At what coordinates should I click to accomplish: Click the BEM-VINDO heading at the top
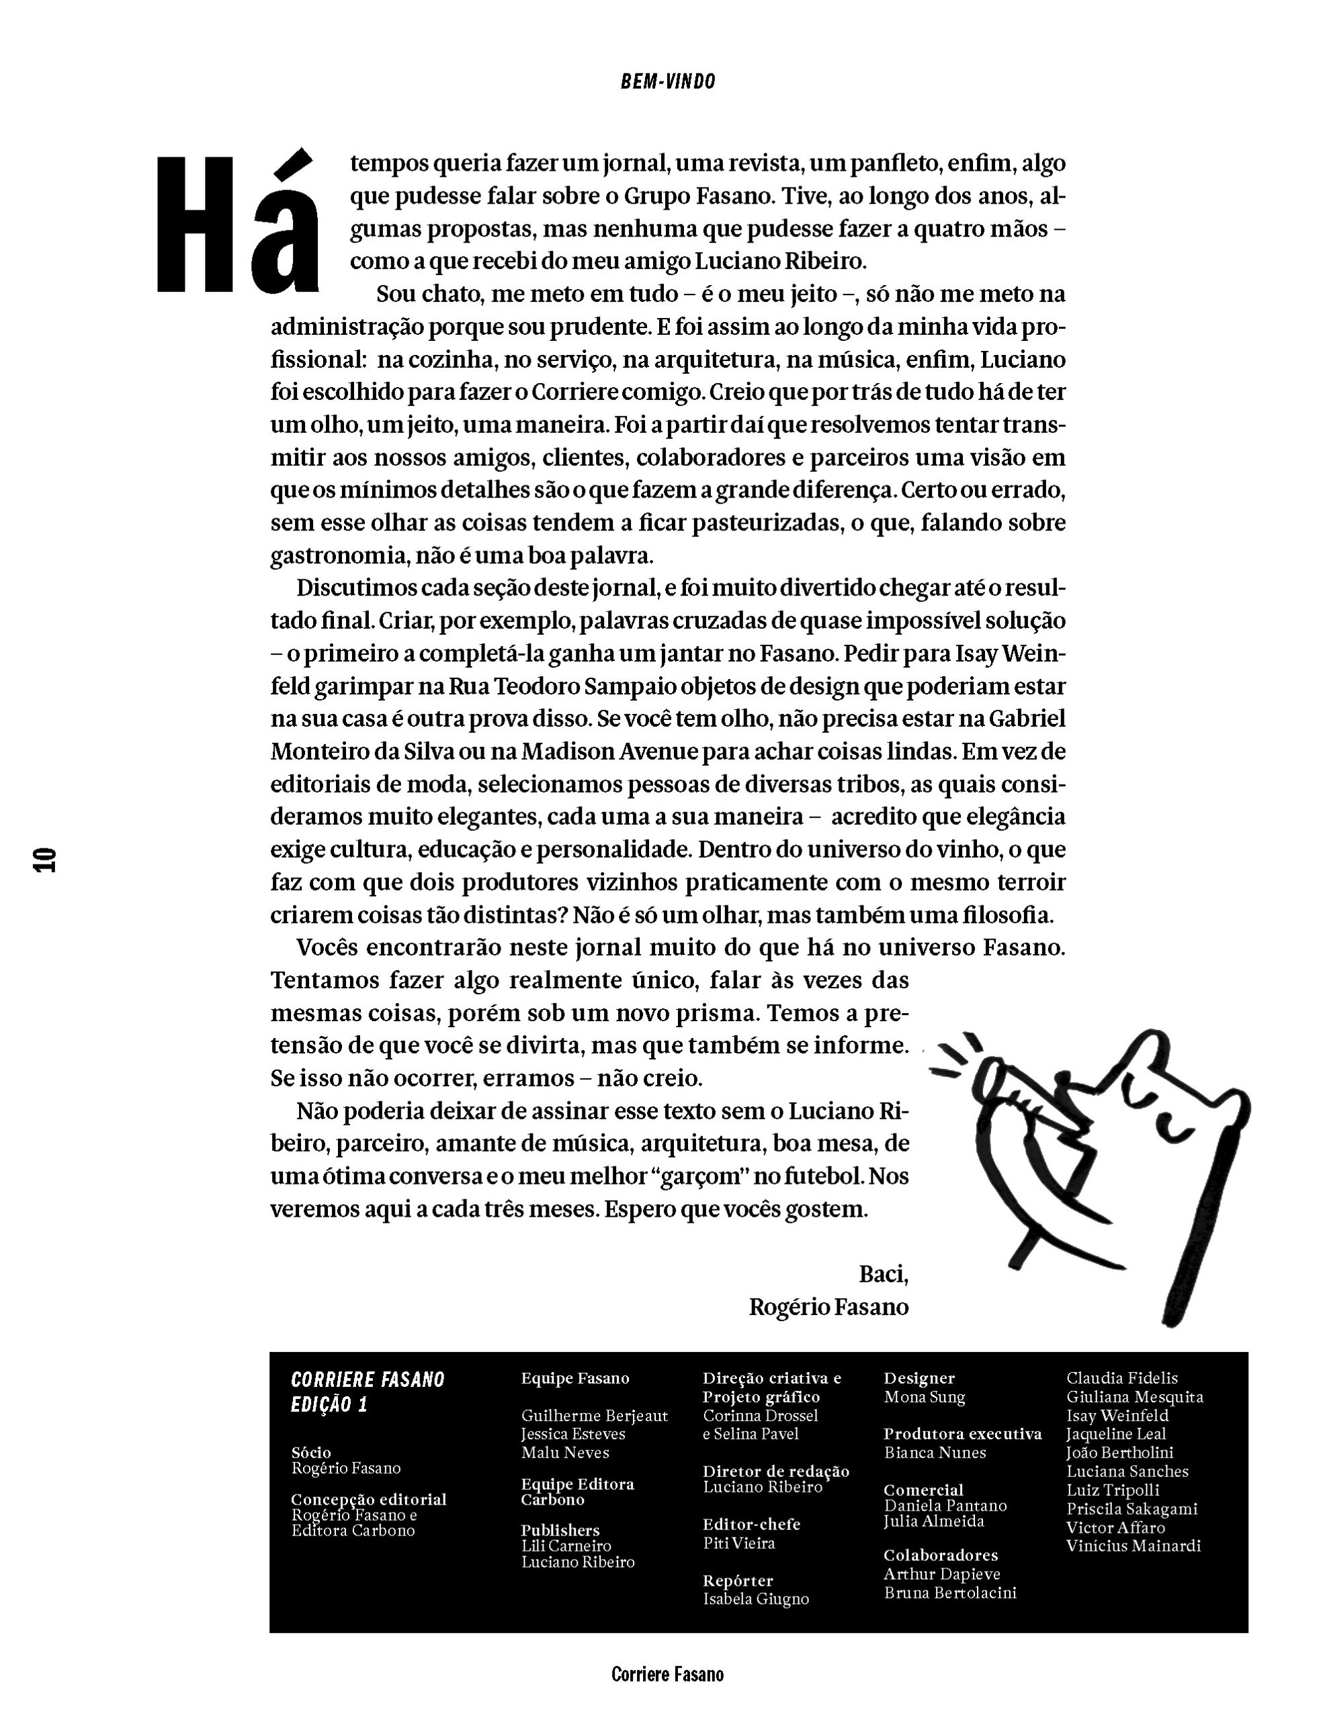pyautogui.click(x=668, y=82)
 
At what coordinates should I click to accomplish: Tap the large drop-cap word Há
pyautogui.click(x=237, y=223)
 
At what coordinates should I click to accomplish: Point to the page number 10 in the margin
pyautogui.click(x=45, y=860)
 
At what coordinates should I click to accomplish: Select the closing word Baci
pyautogui.click(x=883, y=1274)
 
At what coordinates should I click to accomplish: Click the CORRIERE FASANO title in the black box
pyautogui.click(x=368, y=1379)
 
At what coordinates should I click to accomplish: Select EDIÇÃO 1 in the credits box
pyautogui.click(x=329, y=1405)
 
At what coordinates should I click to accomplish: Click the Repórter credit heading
pyautogui.click(x=738, y=1580)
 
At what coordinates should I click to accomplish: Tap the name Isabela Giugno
pyautogui.click(x=756, y=1599)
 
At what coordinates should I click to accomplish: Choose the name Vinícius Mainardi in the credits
pyautogui.click(x=1134, y=1546)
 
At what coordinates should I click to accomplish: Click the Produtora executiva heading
pyautogui.click(x=962, y=1434)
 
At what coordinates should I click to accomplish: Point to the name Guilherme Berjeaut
pyautogui.click(x=595, y=1416)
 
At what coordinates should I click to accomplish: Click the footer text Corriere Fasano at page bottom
pyautogui.click(x=667, y=1675)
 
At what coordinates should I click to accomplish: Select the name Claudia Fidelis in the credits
pyautogui.click(x=1122, y=1378)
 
